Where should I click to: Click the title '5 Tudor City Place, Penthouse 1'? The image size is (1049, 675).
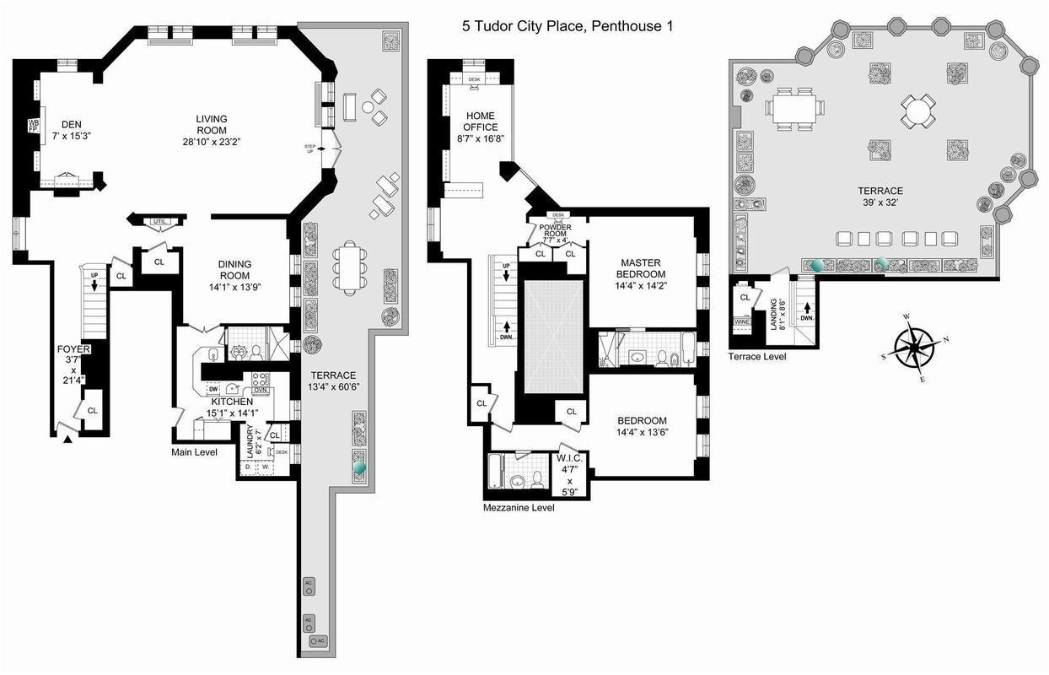coord(567,26)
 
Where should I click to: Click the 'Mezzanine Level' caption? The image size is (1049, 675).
coord(519,508)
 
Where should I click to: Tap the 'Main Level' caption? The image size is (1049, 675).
coord(195,452)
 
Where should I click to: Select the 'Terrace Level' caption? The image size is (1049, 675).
coord(757,357)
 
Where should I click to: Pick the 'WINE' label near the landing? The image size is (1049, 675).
coord(742,321)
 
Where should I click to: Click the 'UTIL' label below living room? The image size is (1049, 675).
coord(159,222)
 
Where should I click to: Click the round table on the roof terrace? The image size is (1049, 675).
coord(917,109)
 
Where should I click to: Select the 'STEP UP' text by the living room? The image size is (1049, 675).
coord(309,148)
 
